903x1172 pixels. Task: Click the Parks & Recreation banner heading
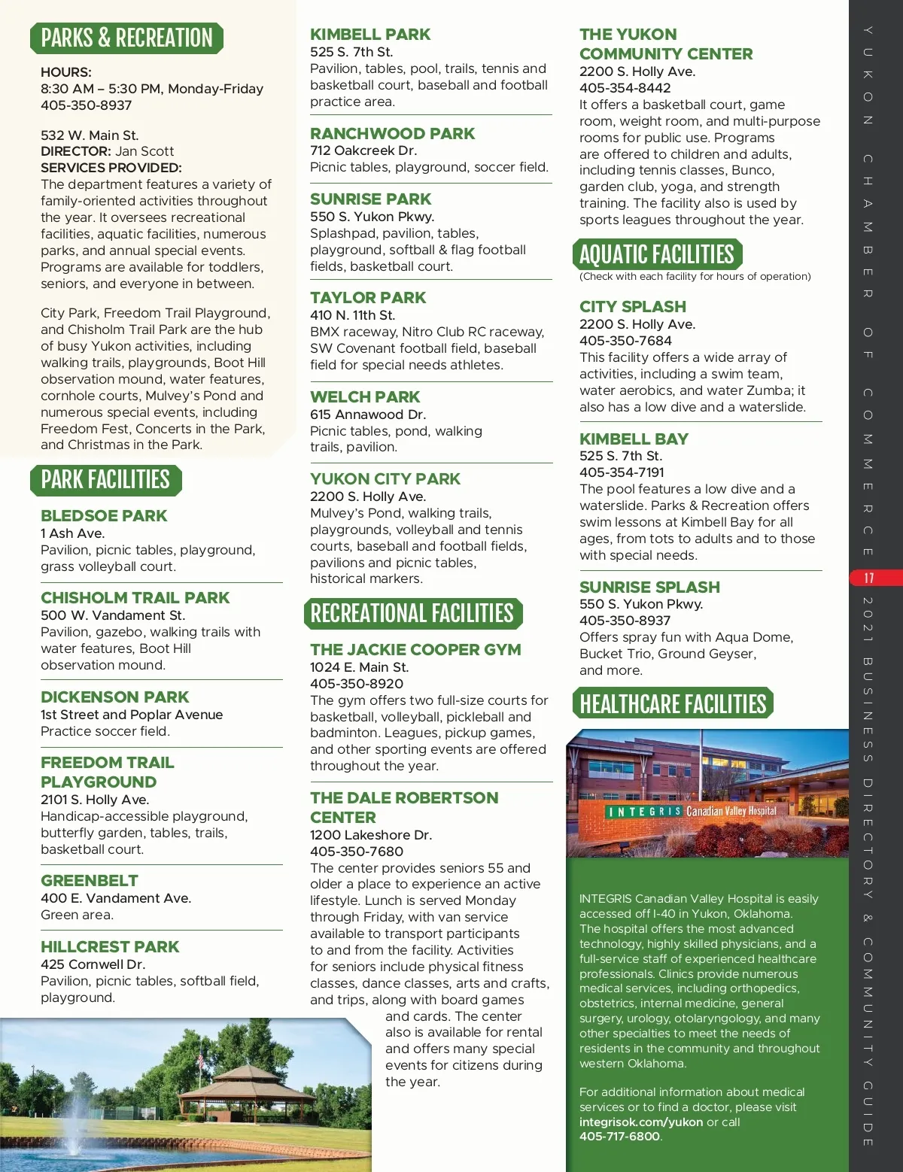(126, 38)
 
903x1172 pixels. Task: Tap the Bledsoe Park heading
(104, 516)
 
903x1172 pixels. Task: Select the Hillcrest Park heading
(110, 947)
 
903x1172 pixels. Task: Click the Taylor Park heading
(368, 298)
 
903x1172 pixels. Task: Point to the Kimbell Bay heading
(634, 439)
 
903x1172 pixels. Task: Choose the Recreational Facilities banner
(412, 614)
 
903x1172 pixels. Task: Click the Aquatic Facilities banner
(657, 255)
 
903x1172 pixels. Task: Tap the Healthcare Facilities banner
(673, 704)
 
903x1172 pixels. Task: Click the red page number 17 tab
(869, 578)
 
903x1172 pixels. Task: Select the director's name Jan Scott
(144, 151)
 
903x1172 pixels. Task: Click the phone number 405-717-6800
(619, 1137)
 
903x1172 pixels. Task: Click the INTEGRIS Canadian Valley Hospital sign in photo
(692, 812)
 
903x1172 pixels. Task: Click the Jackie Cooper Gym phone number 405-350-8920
(357, 684)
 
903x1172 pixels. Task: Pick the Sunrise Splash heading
(649, 588)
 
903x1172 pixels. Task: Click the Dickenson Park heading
(115, 697)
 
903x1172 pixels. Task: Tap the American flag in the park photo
(200, 1061)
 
